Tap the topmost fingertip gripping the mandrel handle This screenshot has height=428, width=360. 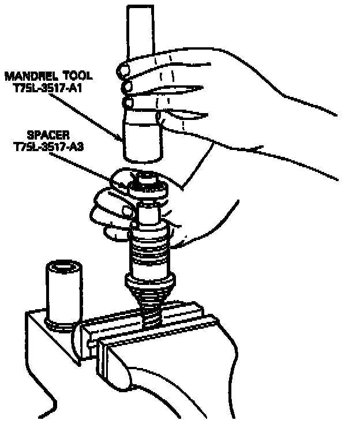coord(123,70)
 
